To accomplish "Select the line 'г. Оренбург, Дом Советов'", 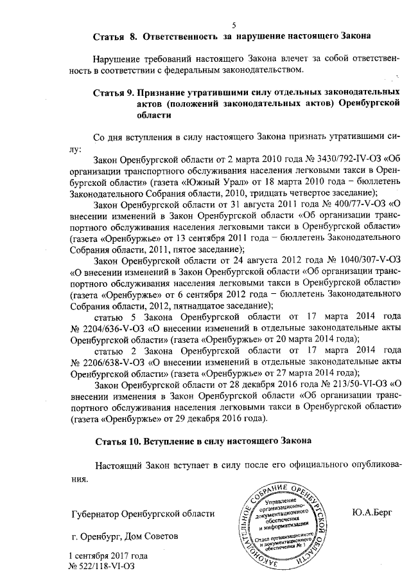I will tap(120, 536).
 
